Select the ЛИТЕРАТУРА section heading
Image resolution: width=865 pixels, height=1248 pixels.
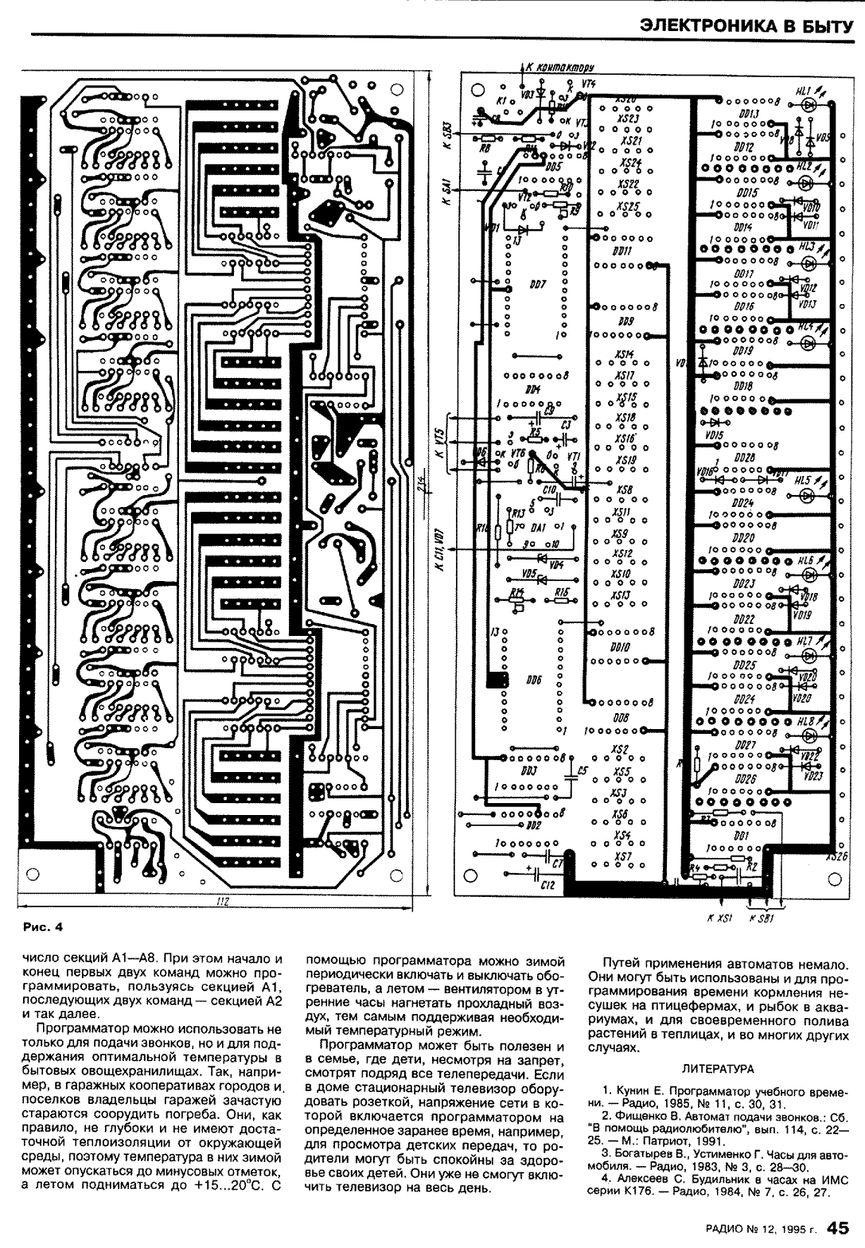coord(718,1068)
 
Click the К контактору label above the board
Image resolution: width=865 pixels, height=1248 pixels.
coord(560,68)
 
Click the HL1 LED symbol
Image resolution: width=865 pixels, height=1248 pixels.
coord(809,104)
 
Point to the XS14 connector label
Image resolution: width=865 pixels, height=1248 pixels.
coord(625,355)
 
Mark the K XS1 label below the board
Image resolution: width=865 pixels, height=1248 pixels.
coord(719,918)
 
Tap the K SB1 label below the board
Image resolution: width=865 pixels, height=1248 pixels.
coord(762,918)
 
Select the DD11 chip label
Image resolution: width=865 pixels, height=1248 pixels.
coord(622,251)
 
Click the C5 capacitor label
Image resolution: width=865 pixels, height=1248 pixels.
coord(582,770)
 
